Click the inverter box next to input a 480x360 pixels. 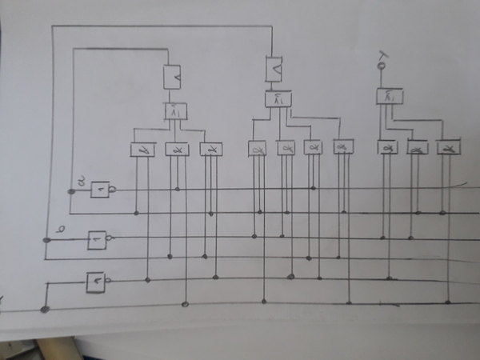[100, 190]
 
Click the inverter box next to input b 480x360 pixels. [96, 238]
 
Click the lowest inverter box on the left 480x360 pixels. [95, 280]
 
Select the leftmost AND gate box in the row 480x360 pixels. [142, 149]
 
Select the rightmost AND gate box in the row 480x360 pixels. [448, 148]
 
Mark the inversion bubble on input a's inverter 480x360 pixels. [114, 190]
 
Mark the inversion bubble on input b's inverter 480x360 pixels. [109, 238]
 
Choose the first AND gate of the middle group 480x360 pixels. [257, 148]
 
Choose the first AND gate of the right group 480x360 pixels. [388, 148]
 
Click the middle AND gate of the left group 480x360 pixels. [176, 149]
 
